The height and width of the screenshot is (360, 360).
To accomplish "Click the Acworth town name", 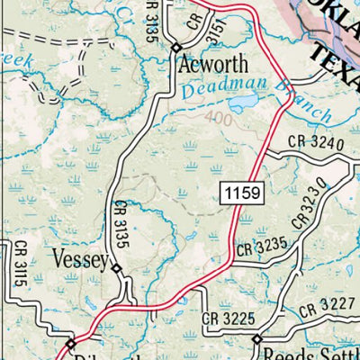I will click(214, 66).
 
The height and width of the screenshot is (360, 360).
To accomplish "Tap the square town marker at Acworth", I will click(177, 48).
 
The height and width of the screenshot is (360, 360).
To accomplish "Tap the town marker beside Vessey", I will click(115, 266).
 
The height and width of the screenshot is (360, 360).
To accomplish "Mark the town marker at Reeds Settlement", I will click(256, 339).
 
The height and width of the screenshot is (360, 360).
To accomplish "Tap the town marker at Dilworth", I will click(70, 343).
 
